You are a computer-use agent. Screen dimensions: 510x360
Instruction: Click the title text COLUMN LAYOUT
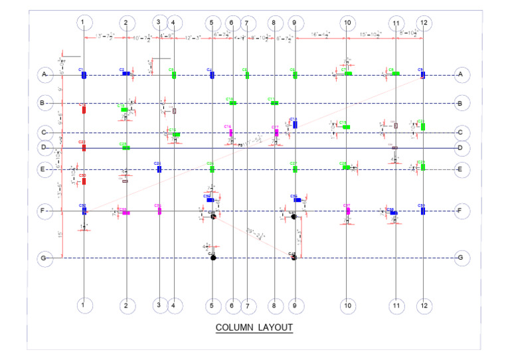tap(254, 327)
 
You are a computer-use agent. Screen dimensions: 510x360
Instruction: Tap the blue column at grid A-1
tap(84, 75)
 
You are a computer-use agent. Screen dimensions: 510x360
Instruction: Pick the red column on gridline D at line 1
tap(84, 147)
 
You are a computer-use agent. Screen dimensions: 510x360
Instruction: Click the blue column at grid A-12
tap(422, 75)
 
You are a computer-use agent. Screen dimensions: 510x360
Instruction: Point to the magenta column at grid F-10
tap(348, 211)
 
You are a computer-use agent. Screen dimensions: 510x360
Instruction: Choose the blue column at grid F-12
tap(422, 211)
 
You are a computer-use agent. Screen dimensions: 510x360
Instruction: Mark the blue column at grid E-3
tap(159, 169)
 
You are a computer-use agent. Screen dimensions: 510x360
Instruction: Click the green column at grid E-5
tap(212, 169)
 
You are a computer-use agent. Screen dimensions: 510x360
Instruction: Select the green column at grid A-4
tap(174, 75)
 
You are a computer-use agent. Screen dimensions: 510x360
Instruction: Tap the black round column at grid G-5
tap(213, 258)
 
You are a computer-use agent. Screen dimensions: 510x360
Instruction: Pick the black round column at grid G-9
tap(293, 258)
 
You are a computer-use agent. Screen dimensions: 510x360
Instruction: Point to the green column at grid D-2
tap(126, 147)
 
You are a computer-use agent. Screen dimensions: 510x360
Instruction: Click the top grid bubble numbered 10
tap(347, 23)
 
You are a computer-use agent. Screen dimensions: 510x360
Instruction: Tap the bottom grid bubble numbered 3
tap(159, 306)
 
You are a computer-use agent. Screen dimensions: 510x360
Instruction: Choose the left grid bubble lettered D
tap(44, 147)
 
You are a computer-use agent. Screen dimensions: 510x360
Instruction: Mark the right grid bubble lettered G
tap(460, 258)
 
